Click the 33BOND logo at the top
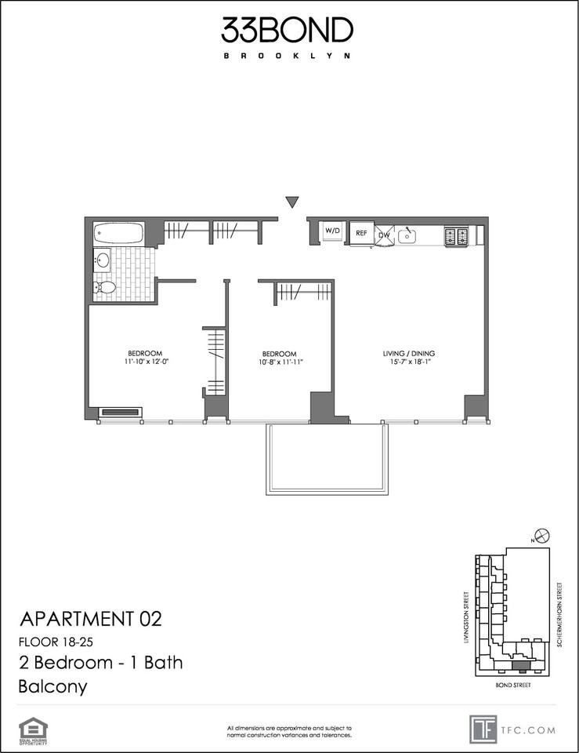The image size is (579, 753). [x=288, y=31]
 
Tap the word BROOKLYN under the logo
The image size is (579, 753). [x=287, y=56]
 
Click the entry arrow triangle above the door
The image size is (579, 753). [x=292, y=202]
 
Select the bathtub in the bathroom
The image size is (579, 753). [x=118, y=233]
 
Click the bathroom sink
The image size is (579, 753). [x=103, y=260]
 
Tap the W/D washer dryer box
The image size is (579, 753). [x=333, y=231]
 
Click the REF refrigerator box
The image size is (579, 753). [x=362, y=233]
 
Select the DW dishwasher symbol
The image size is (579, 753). [x=385, y=235]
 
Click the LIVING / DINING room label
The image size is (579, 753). [x=408, y=352]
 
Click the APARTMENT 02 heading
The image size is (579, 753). [x=89, y=619]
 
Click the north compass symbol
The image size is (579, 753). [x=541, y=537]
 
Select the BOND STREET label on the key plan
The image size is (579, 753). [x=514, y=685]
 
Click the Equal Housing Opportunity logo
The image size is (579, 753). [x=33, y=729]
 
